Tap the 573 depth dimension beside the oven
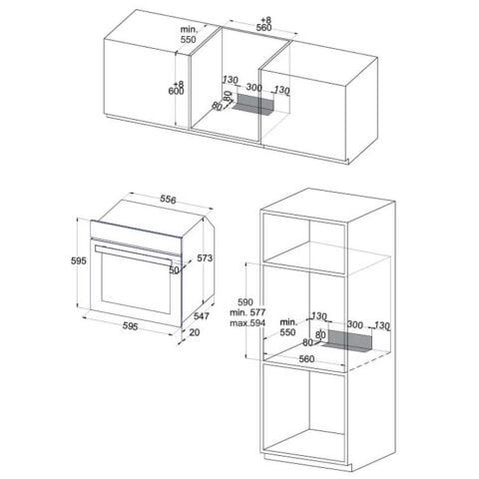[x=205, y=258]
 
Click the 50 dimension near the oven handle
[x=174, y=269]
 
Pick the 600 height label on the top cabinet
[x=178, y=90]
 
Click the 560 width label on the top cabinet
[x=262, y=28]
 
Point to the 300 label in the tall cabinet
[x=354, y=325]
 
